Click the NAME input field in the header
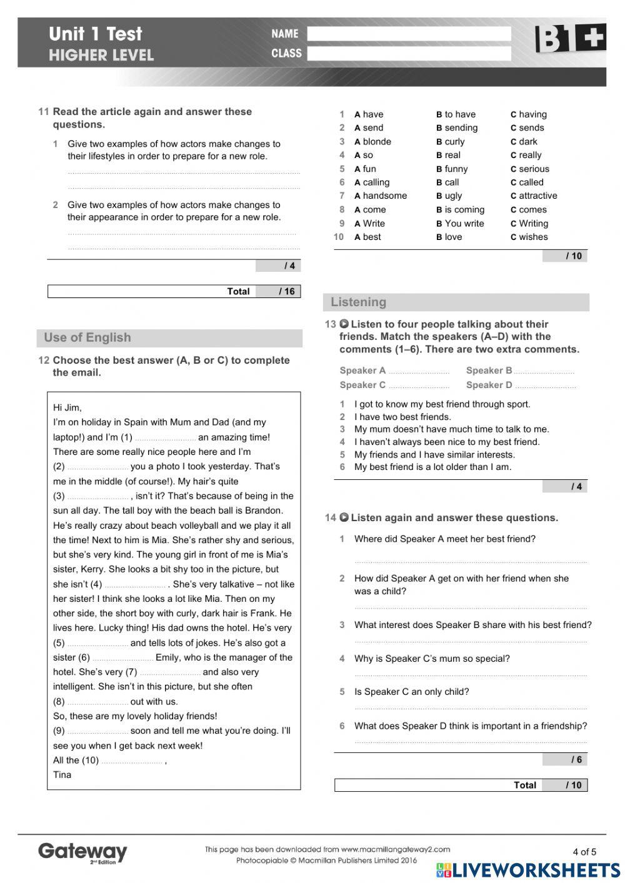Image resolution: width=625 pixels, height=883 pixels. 409,34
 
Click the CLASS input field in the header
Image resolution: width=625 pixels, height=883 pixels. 409,54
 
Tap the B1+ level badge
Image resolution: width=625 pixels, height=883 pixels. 570,39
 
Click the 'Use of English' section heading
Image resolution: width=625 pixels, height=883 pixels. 87,338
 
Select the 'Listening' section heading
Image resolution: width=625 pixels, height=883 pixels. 359,302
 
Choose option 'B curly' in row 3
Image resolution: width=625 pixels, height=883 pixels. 450,142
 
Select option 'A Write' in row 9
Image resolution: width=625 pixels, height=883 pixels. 369,224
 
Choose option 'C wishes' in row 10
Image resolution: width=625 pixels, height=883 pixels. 529,237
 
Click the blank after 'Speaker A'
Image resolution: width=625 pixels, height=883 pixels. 419,371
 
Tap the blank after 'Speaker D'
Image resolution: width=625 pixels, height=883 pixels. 545,386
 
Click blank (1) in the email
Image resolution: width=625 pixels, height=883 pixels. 165,438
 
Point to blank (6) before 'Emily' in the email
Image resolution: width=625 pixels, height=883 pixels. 122,658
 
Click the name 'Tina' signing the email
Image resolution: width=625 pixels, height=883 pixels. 62,775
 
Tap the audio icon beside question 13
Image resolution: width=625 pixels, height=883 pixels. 344,324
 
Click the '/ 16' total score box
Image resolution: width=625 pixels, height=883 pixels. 287,292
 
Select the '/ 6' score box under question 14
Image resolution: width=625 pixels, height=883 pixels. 576,760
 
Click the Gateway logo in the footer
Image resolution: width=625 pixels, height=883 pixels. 82,852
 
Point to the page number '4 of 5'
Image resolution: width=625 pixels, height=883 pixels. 584,852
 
